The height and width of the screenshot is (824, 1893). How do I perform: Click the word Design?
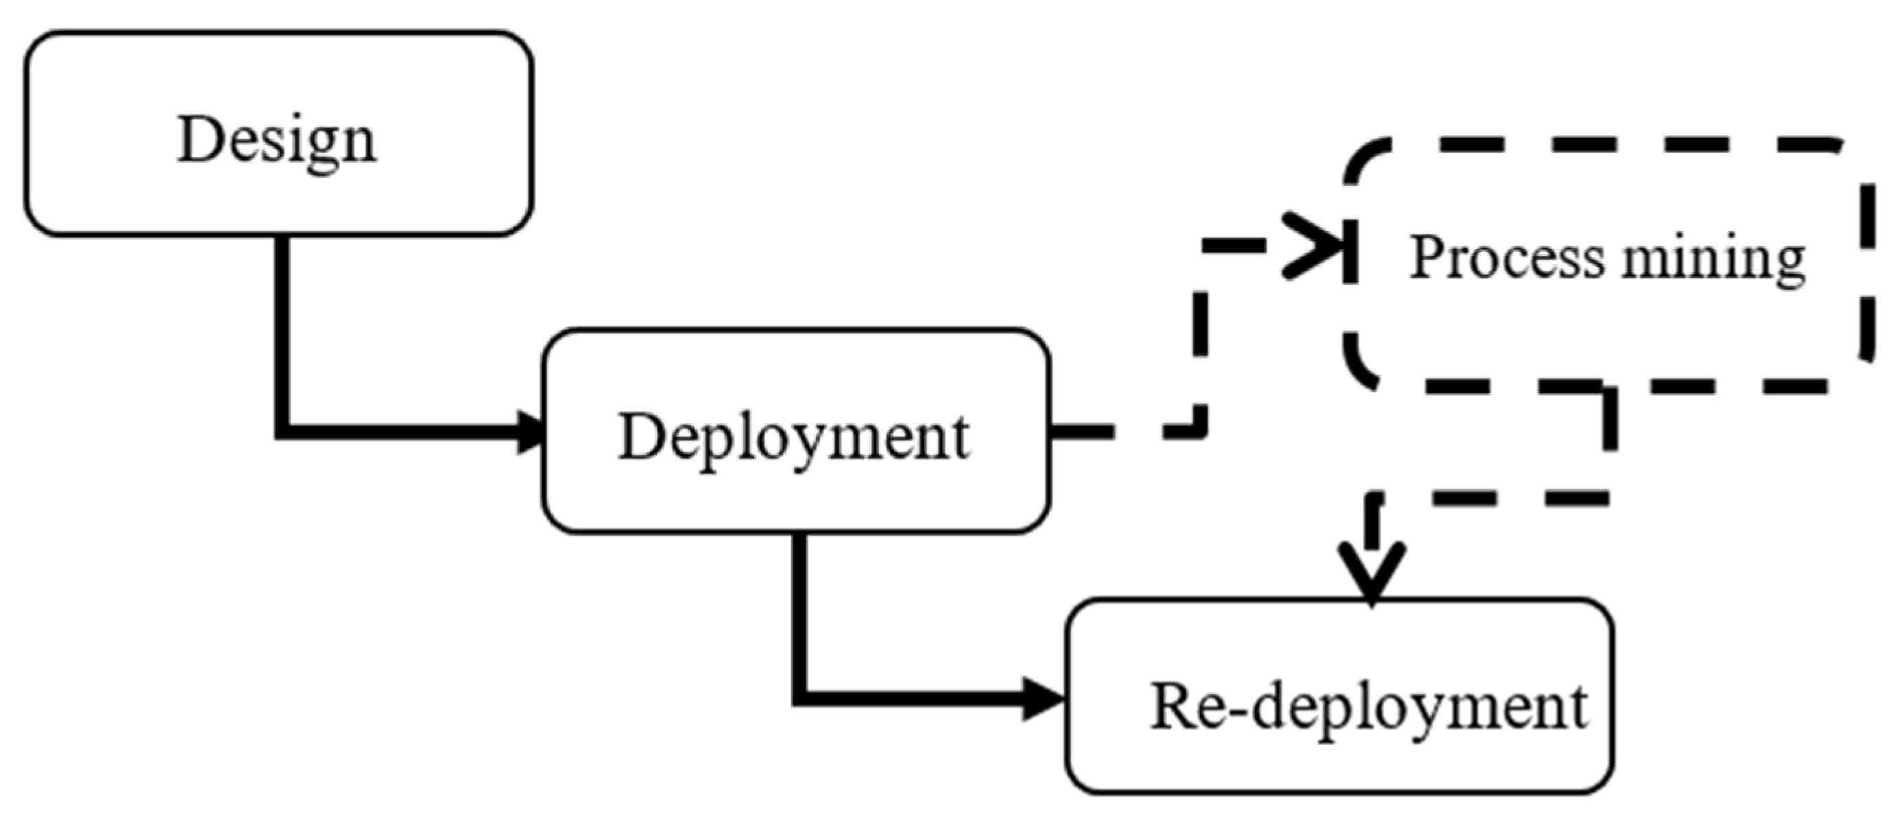pos(276,140)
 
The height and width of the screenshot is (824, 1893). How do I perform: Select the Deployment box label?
pos(794,437)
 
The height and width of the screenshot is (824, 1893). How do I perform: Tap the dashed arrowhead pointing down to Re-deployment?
pos(1372,569)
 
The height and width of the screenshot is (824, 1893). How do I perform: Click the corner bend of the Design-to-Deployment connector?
pos(282,432)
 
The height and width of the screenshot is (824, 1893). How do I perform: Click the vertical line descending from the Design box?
pos(282,331)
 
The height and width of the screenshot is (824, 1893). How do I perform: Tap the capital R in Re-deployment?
pos(1173,706)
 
